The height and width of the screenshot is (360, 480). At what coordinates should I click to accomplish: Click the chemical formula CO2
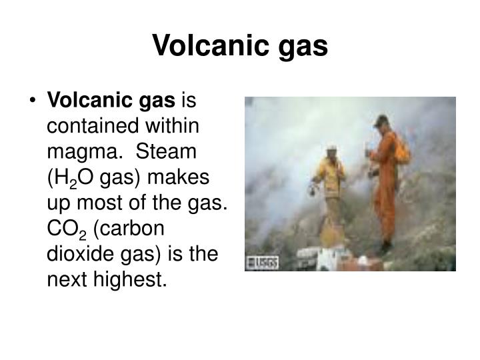pos(65,228)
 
